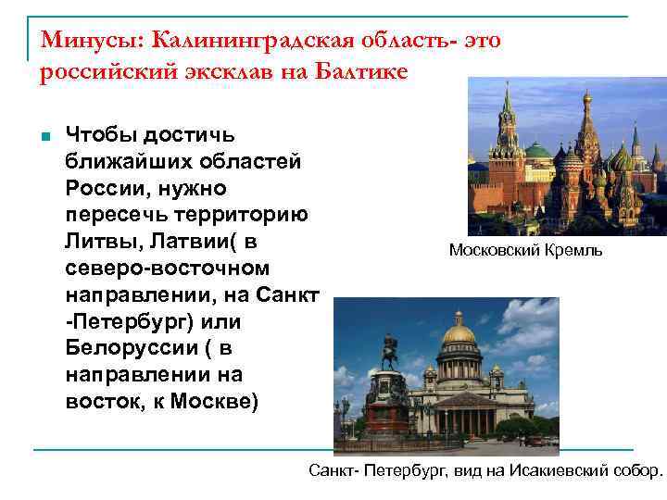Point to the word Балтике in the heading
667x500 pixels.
(x=361, y=72)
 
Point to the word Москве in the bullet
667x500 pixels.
(x=223, y=403)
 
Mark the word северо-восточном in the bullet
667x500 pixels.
(x=167, y=269)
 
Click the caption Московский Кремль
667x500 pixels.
(x=524, y=250)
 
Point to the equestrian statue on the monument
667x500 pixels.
(x=390, y=353)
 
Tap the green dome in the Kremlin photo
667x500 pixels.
(x=537, y=151)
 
